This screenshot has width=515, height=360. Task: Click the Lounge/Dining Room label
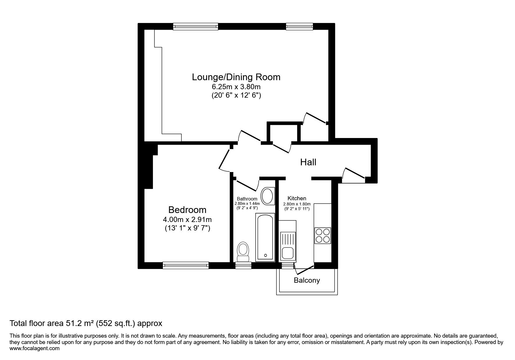236,77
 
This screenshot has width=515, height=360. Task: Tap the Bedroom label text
187,210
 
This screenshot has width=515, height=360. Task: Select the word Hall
308,162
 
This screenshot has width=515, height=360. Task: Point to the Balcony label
307,280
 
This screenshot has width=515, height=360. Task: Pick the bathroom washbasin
268,196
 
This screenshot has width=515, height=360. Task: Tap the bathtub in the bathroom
265,237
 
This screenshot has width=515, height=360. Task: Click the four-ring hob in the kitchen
323,235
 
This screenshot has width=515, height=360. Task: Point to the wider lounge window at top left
195,27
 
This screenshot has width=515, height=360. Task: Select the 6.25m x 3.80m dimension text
236,87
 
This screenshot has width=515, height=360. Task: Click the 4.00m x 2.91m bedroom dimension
187,220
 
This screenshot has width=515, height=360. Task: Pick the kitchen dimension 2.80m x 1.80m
297,204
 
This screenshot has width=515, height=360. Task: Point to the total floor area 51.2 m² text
86,323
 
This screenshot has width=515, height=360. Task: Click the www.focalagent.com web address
35,348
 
